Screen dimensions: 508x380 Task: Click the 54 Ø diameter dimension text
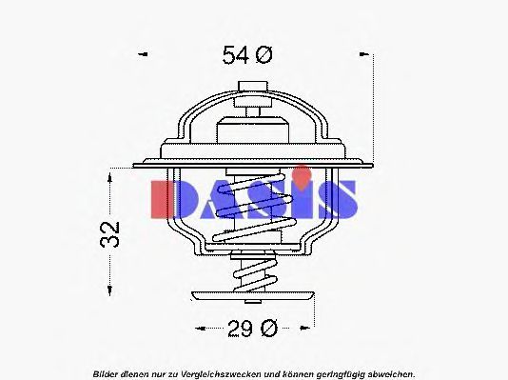point(247,55)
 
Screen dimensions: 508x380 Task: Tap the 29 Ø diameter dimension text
point(253,329)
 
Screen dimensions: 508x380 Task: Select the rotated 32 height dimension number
point(110,234)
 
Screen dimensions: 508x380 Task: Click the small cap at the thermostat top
point(253,87)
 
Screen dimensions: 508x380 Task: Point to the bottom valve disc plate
point(253,295)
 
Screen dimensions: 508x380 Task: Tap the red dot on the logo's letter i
point(302,174)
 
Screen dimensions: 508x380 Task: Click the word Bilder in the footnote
point(106,374)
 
